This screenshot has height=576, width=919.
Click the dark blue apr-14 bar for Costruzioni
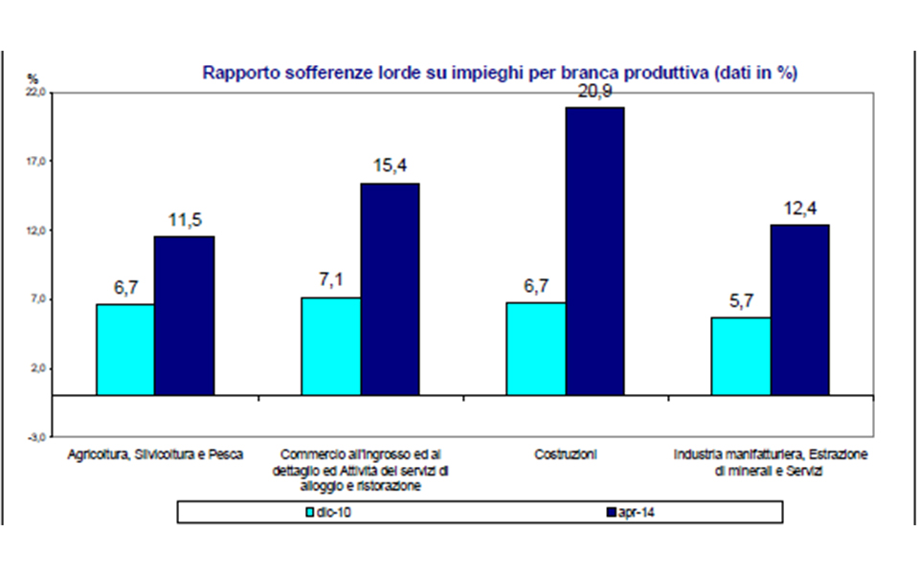pos(594,251)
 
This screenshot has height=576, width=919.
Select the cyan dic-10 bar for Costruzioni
pos(535,348)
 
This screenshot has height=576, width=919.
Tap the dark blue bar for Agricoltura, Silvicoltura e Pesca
pos(185,315)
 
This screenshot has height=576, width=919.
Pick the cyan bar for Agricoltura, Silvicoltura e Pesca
pos(125,349)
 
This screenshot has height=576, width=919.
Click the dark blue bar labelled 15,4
pos(390,288)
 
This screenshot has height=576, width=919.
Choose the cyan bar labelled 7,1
pos(331,345)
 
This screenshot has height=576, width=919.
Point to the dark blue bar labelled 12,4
pos(799,309)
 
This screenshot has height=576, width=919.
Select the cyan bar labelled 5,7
pos(741,356)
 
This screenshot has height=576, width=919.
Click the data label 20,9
pos(594,92)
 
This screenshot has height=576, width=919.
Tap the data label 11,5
pos(185,221)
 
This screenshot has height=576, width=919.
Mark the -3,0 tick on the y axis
pos(35,437)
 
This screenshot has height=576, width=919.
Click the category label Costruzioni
pos(565,454)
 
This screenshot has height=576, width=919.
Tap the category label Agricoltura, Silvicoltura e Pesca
pos(155,454)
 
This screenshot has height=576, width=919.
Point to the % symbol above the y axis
pos(33,78)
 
